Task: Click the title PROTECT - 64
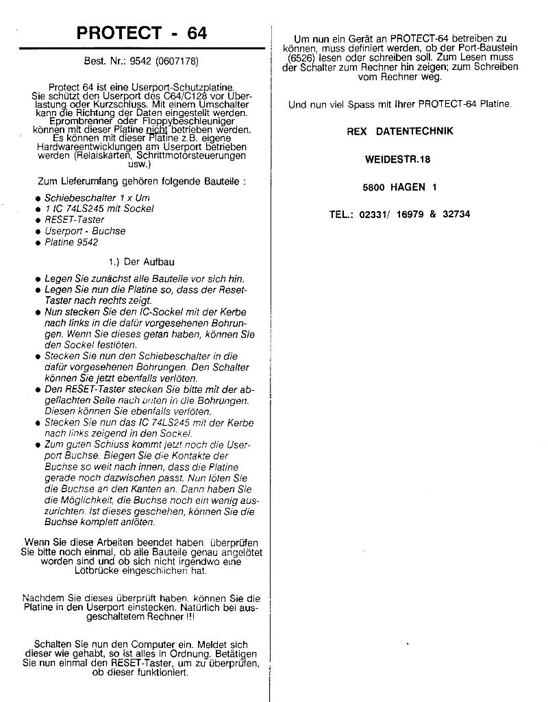pyautogui.click(x=142, y=32)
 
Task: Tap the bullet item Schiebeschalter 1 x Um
pyautogui.click(x=97, y=197)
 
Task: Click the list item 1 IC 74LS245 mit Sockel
pyautogui.click(x=99, y=208)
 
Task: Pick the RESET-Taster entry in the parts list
pyautogui.click(x=75, y=219)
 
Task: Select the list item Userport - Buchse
pyautogui.click(x=85, y=231)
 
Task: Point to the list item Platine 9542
pyautogui.click(x=71, y=242)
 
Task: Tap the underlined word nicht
pyautogui.click(x=157, y=130)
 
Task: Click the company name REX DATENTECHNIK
pyautogui.click(x=400, y=131)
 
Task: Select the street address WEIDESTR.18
pyautogui.click(x=399, y=159)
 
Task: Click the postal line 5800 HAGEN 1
pyautogui.click(x=399, y=186)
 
